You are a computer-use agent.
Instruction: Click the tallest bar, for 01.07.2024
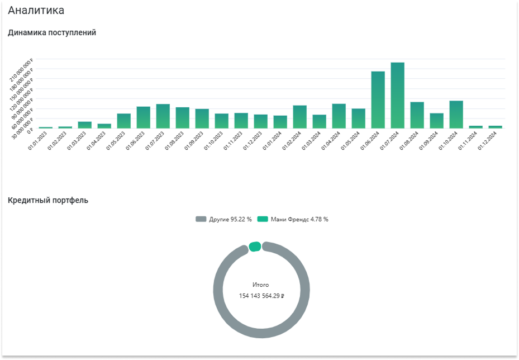398,95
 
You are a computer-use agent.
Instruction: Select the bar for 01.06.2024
378,100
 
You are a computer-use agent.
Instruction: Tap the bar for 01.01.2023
46,127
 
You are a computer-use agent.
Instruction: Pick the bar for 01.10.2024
456,115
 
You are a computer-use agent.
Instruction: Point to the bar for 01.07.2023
163,116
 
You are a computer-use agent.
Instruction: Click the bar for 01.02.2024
300,117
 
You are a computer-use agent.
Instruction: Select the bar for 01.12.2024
496,127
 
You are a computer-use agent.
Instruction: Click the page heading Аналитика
36,10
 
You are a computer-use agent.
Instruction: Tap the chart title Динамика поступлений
52,32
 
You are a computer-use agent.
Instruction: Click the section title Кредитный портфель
48,200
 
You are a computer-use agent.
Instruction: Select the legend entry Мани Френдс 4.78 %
293,219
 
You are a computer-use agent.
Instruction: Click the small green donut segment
255,246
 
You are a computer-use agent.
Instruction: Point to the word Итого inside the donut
261,285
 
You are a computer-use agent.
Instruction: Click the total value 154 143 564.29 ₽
261,296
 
